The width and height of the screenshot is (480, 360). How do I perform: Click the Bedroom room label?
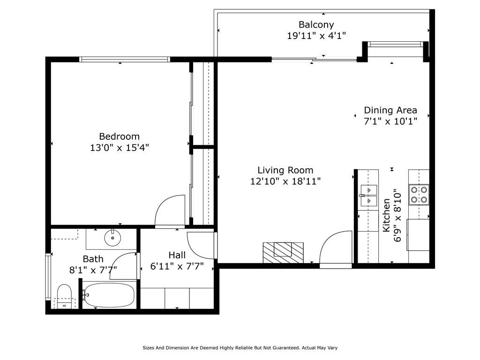coord(119,136)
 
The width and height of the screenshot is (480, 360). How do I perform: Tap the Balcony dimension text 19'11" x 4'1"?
coord(316,36)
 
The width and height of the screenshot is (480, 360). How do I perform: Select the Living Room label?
coord(285,170)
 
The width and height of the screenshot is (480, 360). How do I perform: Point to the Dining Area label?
coord(390,110)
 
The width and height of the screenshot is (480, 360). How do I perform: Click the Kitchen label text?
coord(387,215)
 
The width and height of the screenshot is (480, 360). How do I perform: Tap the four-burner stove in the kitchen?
coord(419,195)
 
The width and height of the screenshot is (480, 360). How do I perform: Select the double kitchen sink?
coord(369,195)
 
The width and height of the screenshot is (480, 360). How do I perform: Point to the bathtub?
coord(109,295)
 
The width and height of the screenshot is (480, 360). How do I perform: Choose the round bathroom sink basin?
coord(112,238)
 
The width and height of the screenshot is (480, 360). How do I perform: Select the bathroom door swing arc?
coord(124,265)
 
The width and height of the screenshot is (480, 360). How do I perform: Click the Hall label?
coord(177,255)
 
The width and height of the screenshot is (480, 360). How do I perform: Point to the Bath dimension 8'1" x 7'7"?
coord(93,270)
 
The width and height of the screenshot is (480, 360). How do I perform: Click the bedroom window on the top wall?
coord(124,60)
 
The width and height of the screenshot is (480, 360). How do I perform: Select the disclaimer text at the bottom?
coord(240,348)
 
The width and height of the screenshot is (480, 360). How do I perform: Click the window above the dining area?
coord(395,45)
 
